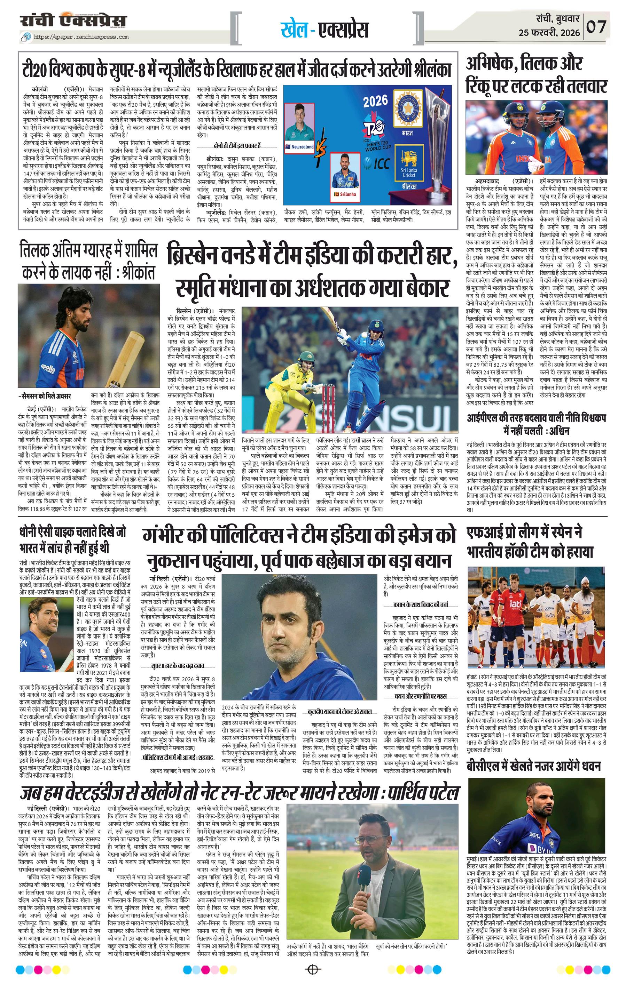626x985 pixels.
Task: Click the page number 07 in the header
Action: (x=596, y=27)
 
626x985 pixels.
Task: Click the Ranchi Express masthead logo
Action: (x=74, y=21)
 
